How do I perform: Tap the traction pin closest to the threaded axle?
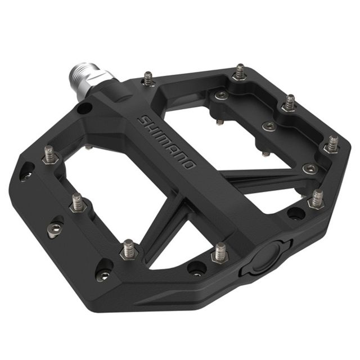click(148, 79)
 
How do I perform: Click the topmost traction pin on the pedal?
click(240, 72)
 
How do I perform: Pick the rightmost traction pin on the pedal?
click(332, 144)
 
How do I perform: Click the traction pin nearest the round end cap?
click(219, 253)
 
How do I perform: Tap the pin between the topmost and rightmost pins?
click(289, 103)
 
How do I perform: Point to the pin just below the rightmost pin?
click(317, 199)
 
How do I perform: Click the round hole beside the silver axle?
click(85, 107)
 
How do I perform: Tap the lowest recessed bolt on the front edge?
click(104, 275)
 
